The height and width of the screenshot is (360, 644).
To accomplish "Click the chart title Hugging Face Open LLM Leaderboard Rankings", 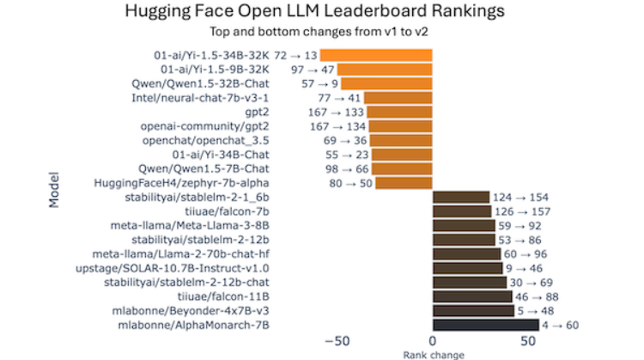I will click(x=314, y=12).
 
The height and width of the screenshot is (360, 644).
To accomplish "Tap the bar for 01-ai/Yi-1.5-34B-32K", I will click(x=376, y=55).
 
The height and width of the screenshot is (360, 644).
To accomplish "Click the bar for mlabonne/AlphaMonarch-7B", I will click(x=486, y=325).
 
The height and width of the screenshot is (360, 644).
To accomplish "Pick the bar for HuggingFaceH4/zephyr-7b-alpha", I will click(x=404, y=183).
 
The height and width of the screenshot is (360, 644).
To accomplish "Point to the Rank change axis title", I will click(x=433, y=354).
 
